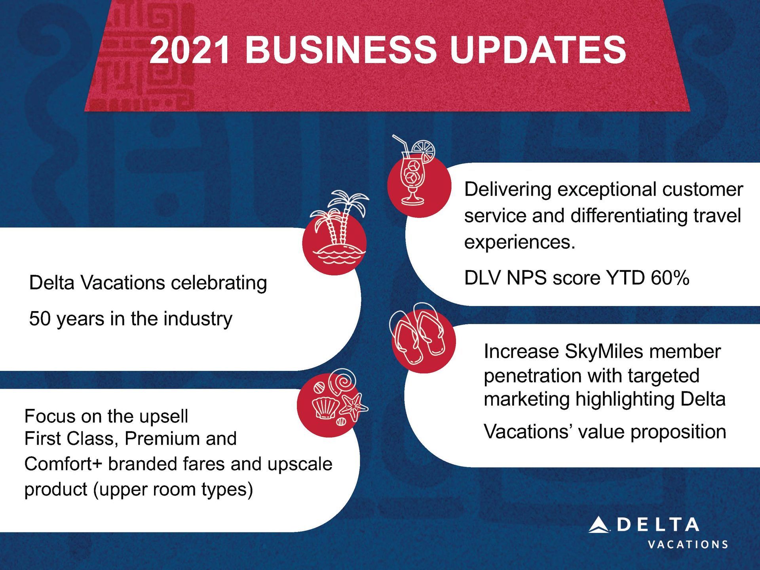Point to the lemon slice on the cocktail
(x=424, y=150)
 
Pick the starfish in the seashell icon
(x=353, y=407)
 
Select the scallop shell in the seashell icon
(x=325, y=408)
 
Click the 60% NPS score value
(x=670, y=278)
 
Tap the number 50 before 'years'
(x=40, y=319)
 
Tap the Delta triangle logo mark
(x=599, y=525)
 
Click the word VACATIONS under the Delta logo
(x=688, y=545)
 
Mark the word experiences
(x=520, y=242)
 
